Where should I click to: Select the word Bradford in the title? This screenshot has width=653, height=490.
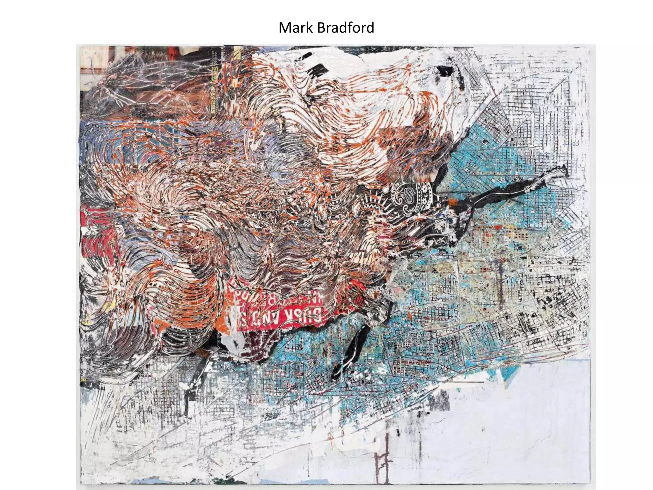(x=346, y=28)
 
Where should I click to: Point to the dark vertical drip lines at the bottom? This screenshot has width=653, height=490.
(x=383, y=459)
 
